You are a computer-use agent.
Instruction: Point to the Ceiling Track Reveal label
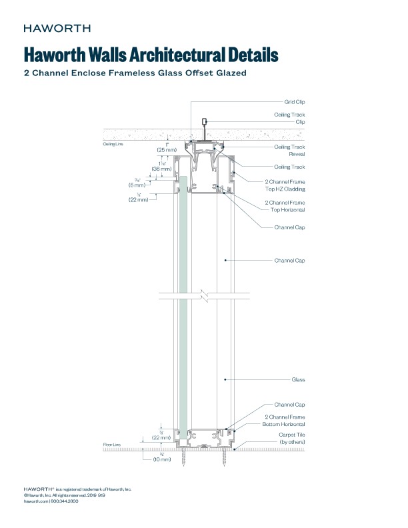click(289, 150)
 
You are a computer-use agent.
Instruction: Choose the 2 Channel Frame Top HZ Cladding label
click(285, 185)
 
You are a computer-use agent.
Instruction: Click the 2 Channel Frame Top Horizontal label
click(285, 205)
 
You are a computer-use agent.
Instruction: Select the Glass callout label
click(298, 379)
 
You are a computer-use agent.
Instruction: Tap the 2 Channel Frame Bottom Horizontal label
click(285, 421)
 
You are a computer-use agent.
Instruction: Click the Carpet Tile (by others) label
click(291, 438)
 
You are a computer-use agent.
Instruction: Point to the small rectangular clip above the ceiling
click(203, 123)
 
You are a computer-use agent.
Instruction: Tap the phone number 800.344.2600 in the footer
click(65, 501)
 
